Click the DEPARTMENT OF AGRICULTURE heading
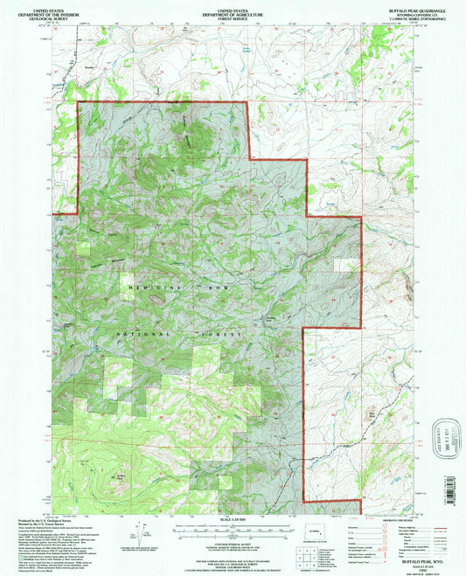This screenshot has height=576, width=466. click(232, 10)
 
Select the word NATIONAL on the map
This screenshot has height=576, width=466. click(136, 333)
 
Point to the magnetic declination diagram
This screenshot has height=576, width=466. click(143, 530)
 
